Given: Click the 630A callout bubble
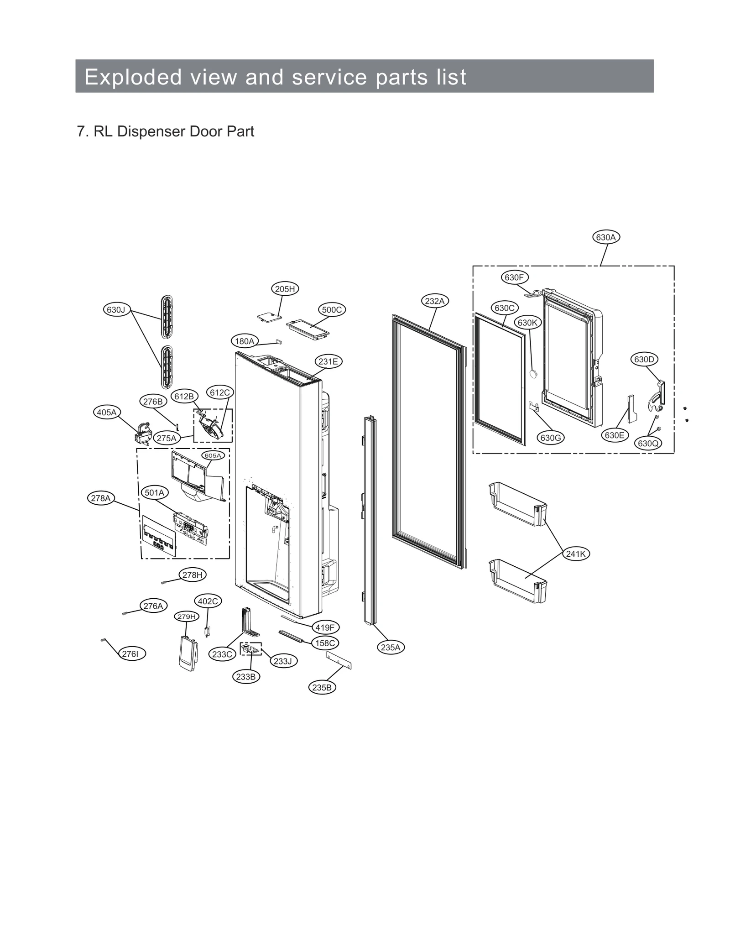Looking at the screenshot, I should tap(605, 237).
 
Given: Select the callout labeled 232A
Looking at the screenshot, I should tap(434, 301).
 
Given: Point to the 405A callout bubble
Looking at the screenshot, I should tap(107, 412).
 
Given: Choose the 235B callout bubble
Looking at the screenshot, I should tap(322, 687).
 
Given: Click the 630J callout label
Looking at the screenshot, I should tap(116, 310).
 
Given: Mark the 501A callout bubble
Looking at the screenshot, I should tap(155, 492).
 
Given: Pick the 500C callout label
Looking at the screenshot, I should tap(332, 310).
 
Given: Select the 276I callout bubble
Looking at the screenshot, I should tap(130, 654).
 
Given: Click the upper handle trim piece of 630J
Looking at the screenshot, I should tap(167, 316).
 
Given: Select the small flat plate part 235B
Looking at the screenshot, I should tap(339, 660).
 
